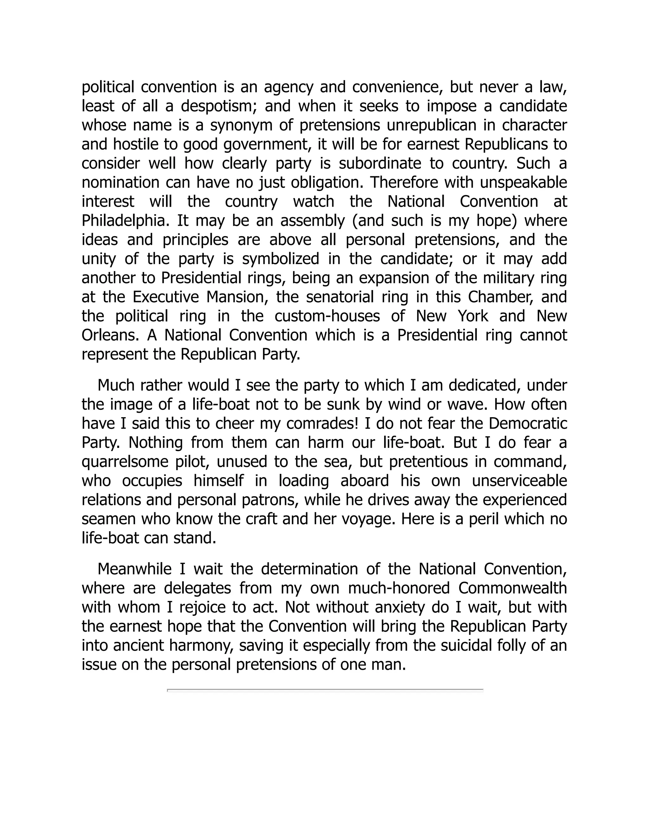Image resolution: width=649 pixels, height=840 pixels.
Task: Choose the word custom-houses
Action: click(x=327, y=316)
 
